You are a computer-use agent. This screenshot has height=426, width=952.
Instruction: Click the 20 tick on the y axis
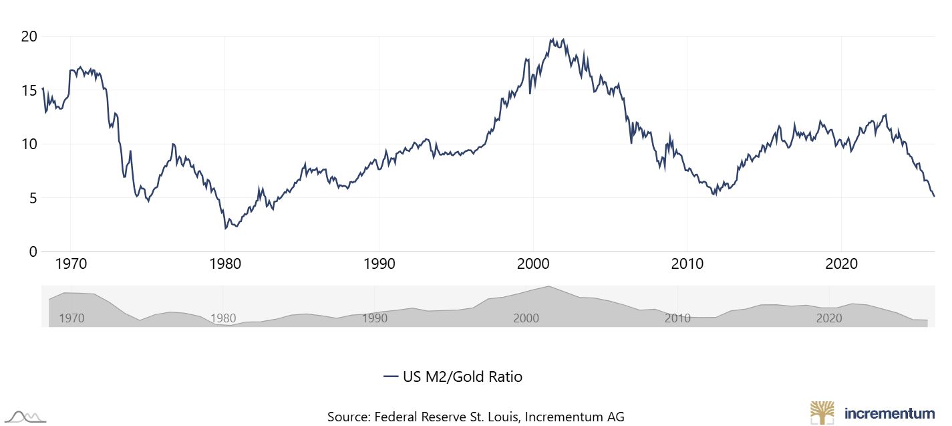tap(28, 36)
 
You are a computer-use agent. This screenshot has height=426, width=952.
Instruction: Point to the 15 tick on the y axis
tap(28, 90)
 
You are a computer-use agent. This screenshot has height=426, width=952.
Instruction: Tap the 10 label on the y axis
tap(28, 144)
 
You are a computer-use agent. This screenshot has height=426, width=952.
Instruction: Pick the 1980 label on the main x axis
tap(225, 264)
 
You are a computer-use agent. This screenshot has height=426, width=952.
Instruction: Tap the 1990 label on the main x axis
tap(379, 264)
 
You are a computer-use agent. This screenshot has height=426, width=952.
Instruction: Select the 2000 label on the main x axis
tap(533, 264)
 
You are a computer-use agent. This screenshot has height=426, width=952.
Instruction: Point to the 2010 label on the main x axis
tap(687, 264)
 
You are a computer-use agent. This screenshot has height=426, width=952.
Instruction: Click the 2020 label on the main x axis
tap(842, 264)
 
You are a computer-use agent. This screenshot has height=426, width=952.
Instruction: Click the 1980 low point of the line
tap(226, 229)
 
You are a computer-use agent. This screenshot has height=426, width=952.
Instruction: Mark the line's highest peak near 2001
tap(551, 39)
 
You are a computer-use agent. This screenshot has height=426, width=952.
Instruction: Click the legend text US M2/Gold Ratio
tap(462, 377)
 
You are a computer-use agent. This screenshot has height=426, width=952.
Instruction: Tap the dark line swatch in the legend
tap(391, 377)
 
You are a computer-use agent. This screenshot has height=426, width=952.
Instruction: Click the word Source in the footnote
tap(347, 416)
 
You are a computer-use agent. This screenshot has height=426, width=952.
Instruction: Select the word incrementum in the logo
tap(889, 413)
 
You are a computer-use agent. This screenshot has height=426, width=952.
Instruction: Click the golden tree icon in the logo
tap(822, 412)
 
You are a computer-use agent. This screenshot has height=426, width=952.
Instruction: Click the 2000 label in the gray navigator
tap(526, 318)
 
